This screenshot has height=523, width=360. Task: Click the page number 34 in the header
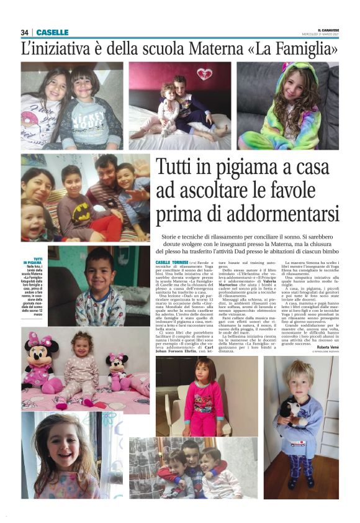click(24, 32)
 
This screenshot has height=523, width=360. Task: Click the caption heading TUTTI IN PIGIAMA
click(37, 261)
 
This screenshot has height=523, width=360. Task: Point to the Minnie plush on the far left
click(40, 367)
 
